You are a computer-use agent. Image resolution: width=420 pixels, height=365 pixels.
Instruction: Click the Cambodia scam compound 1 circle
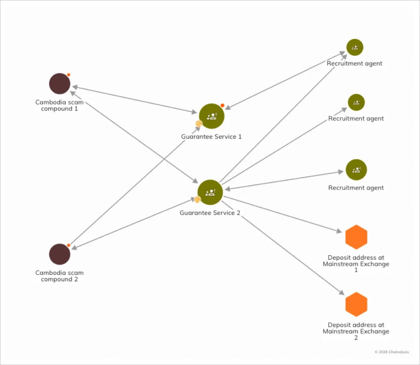point(59,84)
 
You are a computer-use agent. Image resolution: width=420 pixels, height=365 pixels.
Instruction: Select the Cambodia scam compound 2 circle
point(59,254)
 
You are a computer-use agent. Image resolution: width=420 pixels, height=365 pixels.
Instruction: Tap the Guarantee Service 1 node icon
point(212,116)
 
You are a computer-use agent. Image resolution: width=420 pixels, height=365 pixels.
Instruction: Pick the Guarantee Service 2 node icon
point(210,192)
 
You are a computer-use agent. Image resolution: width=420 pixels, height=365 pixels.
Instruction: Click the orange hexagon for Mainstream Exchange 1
point(356,237)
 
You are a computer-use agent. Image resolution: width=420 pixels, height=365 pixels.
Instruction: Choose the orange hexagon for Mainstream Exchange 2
point(356,304)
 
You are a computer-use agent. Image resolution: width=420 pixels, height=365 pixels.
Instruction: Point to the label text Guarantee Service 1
point(211,136)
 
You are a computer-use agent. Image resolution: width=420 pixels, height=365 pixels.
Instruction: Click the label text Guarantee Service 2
point(210,213)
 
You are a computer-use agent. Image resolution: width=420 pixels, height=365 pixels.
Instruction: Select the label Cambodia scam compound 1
point(59,106)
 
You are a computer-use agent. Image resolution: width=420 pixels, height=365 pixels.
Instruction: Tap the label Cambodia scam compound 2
point(59,276)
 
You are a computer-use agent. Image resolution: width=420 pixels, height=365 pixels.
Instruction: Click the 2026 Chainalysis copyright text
point(392,352)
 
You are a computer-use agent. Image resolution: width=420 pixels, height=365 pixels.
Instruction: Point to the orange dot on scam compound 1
point(68,75)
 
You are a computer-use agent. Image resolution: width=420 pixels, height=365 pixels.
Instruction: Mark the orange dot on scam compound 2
point(68,245)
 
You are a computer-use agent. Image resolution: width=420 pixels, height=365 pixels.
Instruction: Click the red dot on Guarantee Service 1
point(222,105)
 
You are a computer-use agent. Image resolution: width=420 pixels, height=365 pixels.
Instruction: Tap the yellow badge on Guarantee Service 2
point(197,200)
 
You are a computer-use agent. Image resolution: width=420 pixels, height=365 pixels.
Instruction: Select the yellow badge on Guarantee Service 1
point(199,123)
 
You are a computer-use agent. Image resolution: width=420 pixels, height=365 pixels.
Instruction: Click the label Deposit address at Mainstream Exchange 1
point(356,264)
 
